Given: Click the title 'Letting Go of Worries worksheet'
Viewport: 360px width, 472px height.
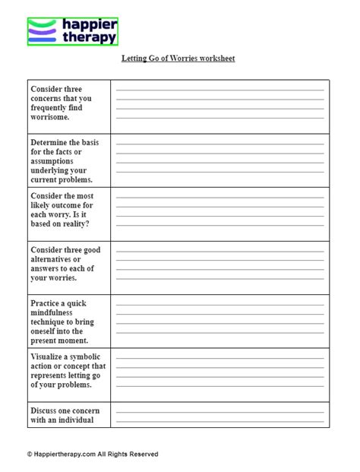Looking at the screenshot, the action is pos(178,58).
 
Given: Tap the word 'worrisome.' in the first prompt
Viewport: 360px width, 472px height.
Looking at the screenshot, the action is pos(50,117).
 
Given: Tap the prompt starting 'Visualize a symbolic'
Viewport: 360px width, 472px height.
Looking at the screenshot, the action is pos(68,370).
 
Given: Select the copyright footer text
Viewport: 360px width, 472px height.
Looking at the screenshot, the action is pos(93,455).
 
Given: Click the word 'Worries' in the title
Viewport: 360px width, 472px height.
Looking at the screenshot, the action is pos(182,58).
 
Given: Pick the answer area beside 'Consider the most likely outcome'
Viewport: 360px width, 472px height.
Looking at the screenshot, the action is pos(219,213).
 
